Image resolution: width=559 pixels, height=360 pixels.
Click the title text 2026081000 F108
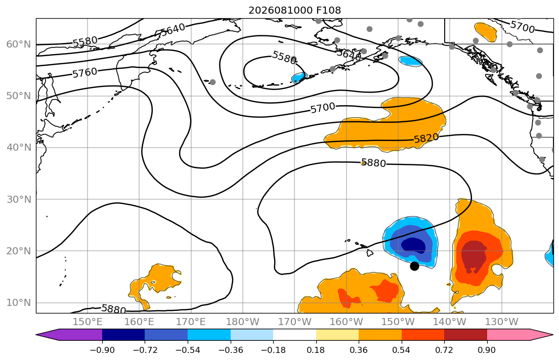pos(294,10)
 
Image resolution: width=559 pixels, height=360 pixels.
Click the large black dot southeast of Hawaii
pos(414,266)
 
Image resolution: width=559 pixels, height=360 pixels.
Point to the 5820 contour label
pos(426,138)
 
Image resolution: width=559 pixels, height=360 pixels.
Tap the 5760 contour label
pos(84,73)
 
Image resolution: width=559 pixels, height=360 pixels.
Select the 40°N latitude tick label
pos(19,147)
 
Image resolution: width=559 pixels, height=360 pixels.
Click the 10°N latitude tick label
pos(19,303)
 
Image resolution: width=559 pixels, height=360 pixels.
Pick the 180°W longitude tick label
pos(243,322)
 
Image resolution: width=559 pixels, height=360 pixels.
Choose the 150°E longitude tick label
pos(88,322)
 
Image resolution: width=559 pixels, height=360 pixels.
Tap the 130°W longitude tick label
pos(502,322)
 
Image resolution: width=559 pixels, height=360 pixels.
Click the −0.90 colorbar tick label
pos(102,350)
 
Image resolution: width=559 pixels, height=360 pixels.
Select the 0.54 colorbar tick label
pos(402,350)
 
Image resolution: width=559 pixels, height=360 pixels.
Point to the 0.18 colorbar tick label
pos(316,350)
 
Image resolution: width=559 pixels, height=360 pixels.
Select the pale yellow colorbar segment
pos(337,335)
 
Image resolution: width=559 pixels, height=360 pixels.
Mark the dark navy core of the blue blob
pos(413,245)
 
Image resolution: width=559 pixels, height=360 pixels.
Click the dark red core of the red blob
pos(473,256)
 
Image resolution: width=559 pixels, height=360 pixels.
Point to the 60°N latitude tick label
pos(19,44)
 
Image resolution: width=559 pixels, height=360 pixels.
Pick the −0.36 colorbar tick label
pos(230,350)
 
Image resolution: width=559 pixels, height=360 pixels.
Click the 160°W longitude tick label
pos(346,322)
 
